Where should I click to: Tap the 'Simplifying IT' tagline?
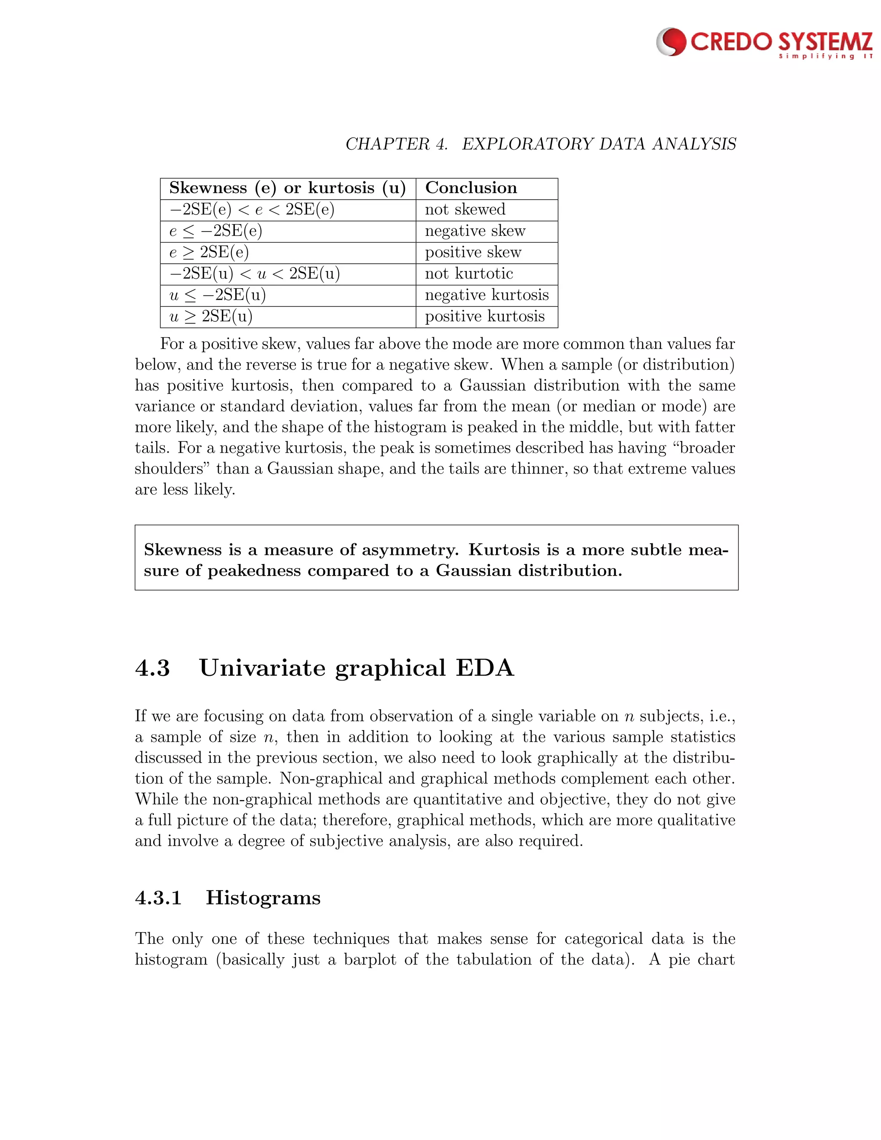[825, 56]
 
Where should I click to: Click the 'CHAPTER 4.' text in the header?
[397, 144]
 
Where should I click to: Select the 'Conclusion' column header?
[471, 188]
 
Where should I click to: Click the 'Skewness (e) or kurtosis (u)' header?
[287, 188]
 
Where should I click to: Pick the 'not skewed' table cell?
[465, 210]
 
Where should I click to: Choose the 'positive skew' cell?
[473, 253]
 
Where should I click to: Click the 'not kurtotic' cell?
[469, 274]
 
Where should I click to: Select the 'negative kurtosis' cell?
[487, 296]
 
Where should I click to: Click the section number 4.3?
[152, 668]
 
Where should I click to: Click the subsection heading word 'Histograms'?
[263, 898]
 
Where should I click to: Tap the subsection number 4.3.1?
[158, 898]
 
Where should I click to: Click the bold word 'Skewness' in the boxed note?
[183, 550]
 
